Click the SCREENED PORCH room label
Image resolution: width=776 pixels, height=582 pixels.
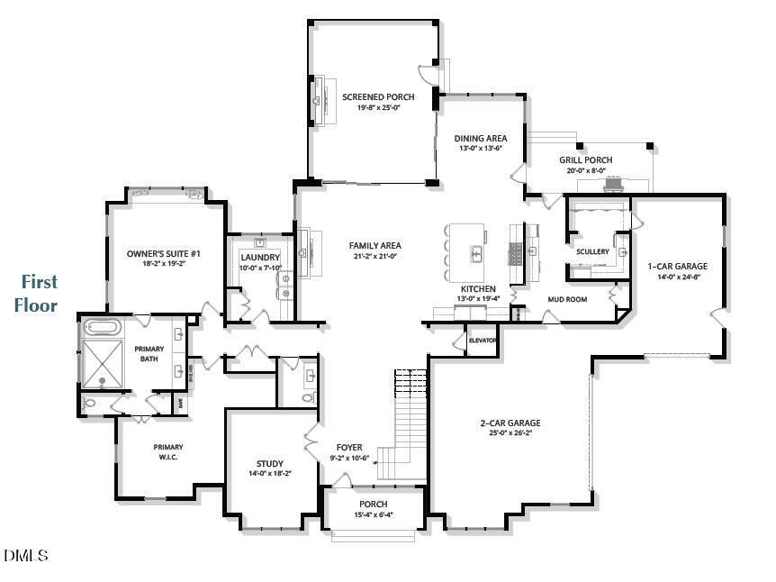click(x=377, y=97)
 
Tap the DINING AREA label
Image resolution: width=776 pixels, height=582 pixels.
click(x=480, y=139)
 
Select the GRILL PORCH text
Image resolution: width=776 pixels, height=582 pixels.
click(x=585, y=160)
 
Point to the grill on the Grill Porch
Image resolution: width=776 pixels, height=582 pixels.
click(x=614, y=185)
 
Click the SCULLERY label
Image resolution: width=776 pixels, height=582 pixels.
click(x=593, y=251)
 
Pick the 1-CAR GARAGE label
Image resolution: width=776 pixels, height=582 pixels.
click(x=677, y=267)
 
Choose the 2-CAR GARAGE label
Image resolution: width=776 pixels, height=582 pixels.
click(x=510, y=423)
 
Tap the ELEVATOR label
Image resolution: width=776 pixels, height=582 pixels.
click(x=483, y=341)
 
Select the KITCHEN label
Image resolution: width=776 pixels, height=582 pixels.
click(x=479, y=289)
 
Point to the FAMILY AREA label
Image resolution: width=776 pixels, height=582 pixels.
click(x=374, y=246)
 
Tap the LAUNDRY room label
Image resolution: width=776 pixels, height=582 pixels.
click(x=260, y=258)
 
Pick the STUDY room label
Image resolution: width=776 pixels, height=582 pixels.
click(x=269, y=464)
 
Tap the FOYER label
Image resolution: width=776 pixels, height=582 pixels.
click(x=349, y=447)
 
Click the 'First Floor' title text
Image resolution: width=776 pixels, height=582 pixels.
click(x=36, y=294)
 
